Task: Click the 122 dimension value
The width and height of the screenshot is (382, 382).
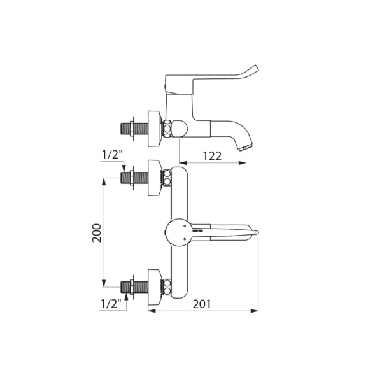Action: tap(212, 156)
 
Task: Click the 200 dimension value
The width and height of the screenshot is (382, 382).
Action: tap(97, 232)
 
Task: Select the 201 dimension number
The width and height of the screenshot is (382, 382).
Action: tap(202, 304)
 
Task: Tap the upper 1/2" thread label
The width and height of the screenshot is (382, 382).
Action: tap(112, 155)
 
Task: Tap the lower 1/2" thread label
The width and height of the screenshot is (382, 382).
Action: tap(111, 304)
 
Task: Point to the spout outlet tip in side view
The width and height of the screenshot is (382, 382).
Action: tap(246, 148)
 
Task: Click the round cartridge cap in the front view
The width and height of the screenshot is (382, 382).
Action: tap(178, 232)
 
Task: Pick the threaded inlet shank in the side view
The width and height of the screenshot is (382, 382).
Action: tap(134, 129)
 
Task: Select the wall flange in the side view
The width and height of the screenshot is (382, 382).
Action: tap(155, 129)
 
